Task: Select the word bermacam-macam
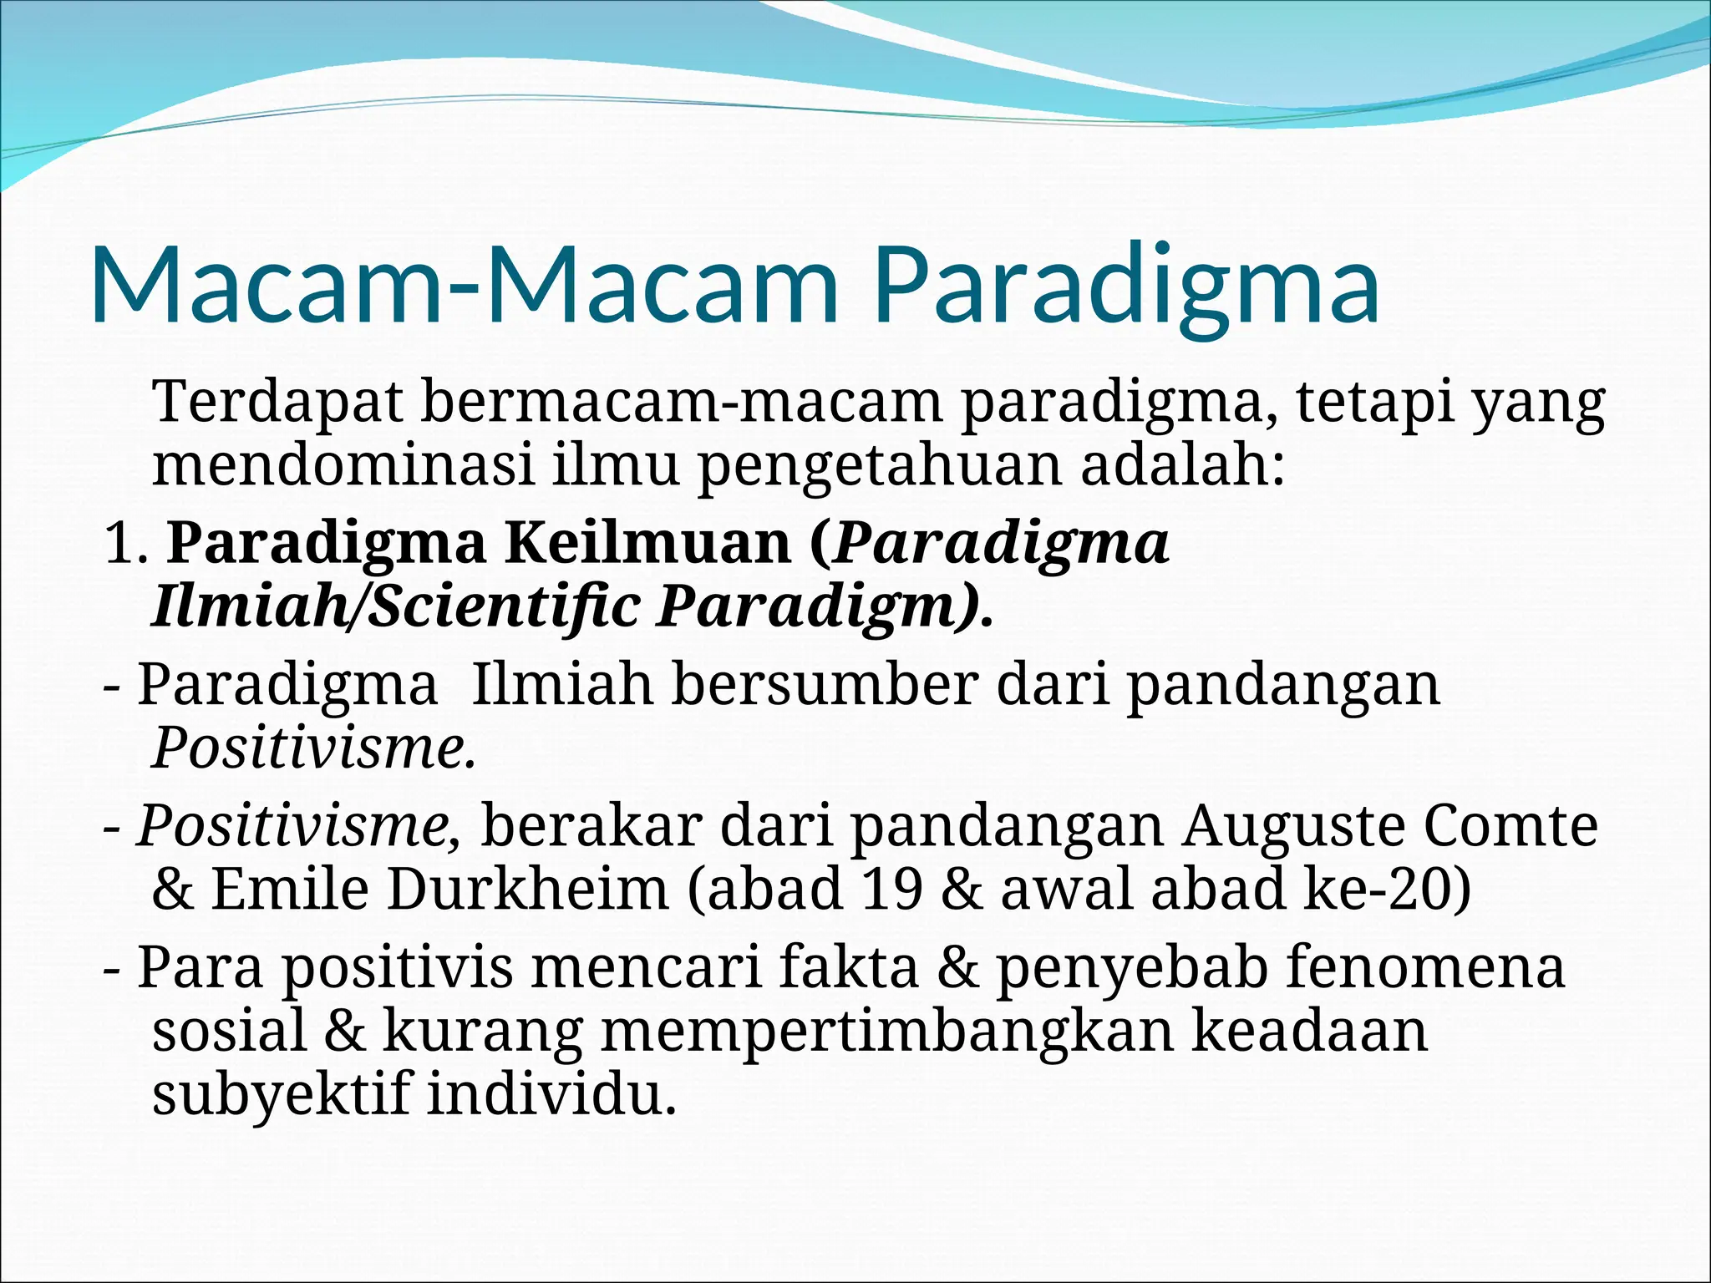click(680, 402)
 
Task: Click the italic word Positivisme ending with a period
click(314, 748)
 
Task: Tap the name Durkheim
click(527, 889)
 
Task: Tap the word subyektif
click(281, 1094)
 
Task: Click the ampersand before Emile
click(172, 890)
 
